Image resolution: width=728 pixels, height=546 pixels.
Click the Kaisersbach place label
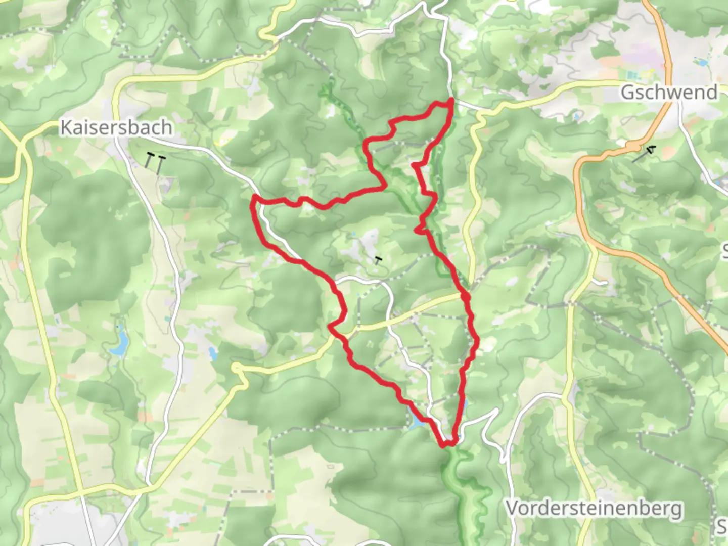pos(116,127)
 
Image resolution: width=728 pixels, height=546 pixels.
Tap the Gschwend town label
pos(668,92)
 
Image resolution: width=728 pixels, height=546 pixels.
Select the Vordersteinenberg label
pos(594,508)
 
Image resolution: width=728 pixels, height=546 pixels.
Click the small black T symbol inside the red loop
pos(378,260)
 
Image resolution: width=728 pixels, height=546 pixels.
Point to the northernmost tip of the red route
pos(450,101)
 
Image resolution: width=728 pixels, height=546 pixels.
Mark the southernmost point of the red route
pos(444,445)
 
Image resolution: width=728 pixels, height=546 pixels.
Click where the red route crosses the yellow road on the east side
pos(466,297)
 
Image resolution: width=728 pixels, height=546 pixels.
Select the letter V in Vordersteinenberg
pos(513,508)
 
